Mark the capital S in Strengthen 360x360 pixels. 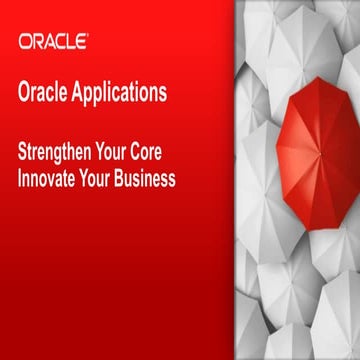(x=24, y=157)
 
